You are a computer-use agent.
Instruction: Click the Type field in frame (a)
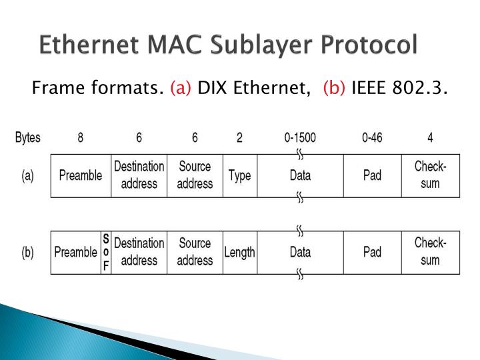point(239,175)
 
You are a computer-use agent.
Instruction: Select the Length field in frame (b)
point(239,252)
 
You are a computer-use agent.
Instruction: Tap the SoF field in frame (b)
point(105,252)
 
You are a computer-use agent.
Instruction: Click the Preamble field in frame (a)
point(81,175)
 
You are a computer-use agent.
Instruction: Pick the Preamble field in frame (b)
point(75,252)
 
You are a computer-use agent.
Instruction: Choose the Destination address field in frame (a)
point(139,175)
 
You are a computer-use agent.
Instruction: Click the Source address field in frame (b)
point(194,252)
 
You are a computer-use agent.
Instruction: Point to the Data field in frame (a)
point(300,175)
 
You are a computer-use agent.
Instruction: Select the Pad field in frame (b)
point(372,252)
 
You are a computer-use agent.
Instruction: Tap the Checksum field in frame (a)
point(430,175)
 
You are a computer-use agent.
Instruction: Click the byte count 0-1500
point(300,139)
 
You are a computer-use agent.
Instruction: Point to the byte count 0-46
point(372,139)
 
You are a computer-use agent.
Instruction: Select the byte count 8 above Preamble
point(81,139)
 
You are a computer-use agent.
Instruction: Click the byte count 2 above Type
point(239,139)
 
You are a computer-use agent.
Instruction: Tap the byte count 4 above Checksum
point(430,139)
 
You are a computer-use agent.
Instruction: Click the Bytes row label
point(27,139)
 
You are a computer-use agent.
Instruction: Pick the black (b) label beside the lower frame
point(28,253)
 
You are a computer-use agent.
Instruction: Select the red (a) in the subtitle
point(180,87)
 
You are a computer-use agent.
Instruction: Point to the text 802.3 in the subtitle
point(421,87)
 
